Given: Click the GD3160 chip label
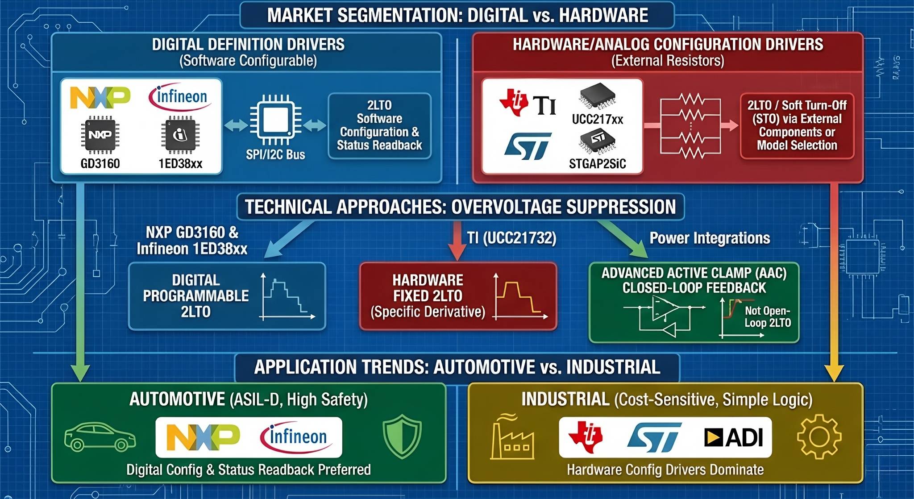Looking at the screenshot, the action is (x=100, y=163).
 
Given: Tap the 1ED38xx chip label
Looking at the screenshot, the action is (x=180, y=163).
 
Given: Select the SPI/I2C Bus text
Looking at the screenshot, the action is (x=275, y=154).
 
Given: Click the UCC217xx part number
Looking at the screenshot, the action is (x=597, y=119).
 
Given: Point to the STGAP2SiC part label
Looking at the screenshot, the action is (x=597, y=164).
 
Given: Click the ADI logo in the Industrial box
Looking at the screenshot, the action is (x=733, y=437).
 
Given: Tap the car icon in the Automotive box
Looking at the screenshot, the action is (x=100, y=437).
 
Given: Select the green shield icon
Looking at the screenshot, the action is (x=402, y=436).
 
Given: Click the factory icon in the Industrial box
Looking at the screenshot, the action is (x=512, y=437).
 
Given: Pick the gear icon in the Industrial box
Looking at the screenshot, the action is (x=819, y=437).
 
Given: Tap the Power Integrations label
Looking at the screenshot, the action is (x=710, y=238).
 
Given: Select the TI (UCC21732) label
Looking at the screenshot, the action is (x=511, y=238).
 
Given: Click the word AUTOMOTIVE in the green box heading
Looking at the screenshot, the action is (x=177, y=399).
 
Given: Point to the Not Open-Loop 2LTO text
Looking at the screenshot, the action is (x=767, y=316).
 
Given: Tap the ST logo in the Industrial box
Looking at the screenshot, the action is (x=654, y=437).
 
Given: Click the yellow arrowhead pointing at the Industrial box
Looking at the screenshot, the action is (x=834, y=373).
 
